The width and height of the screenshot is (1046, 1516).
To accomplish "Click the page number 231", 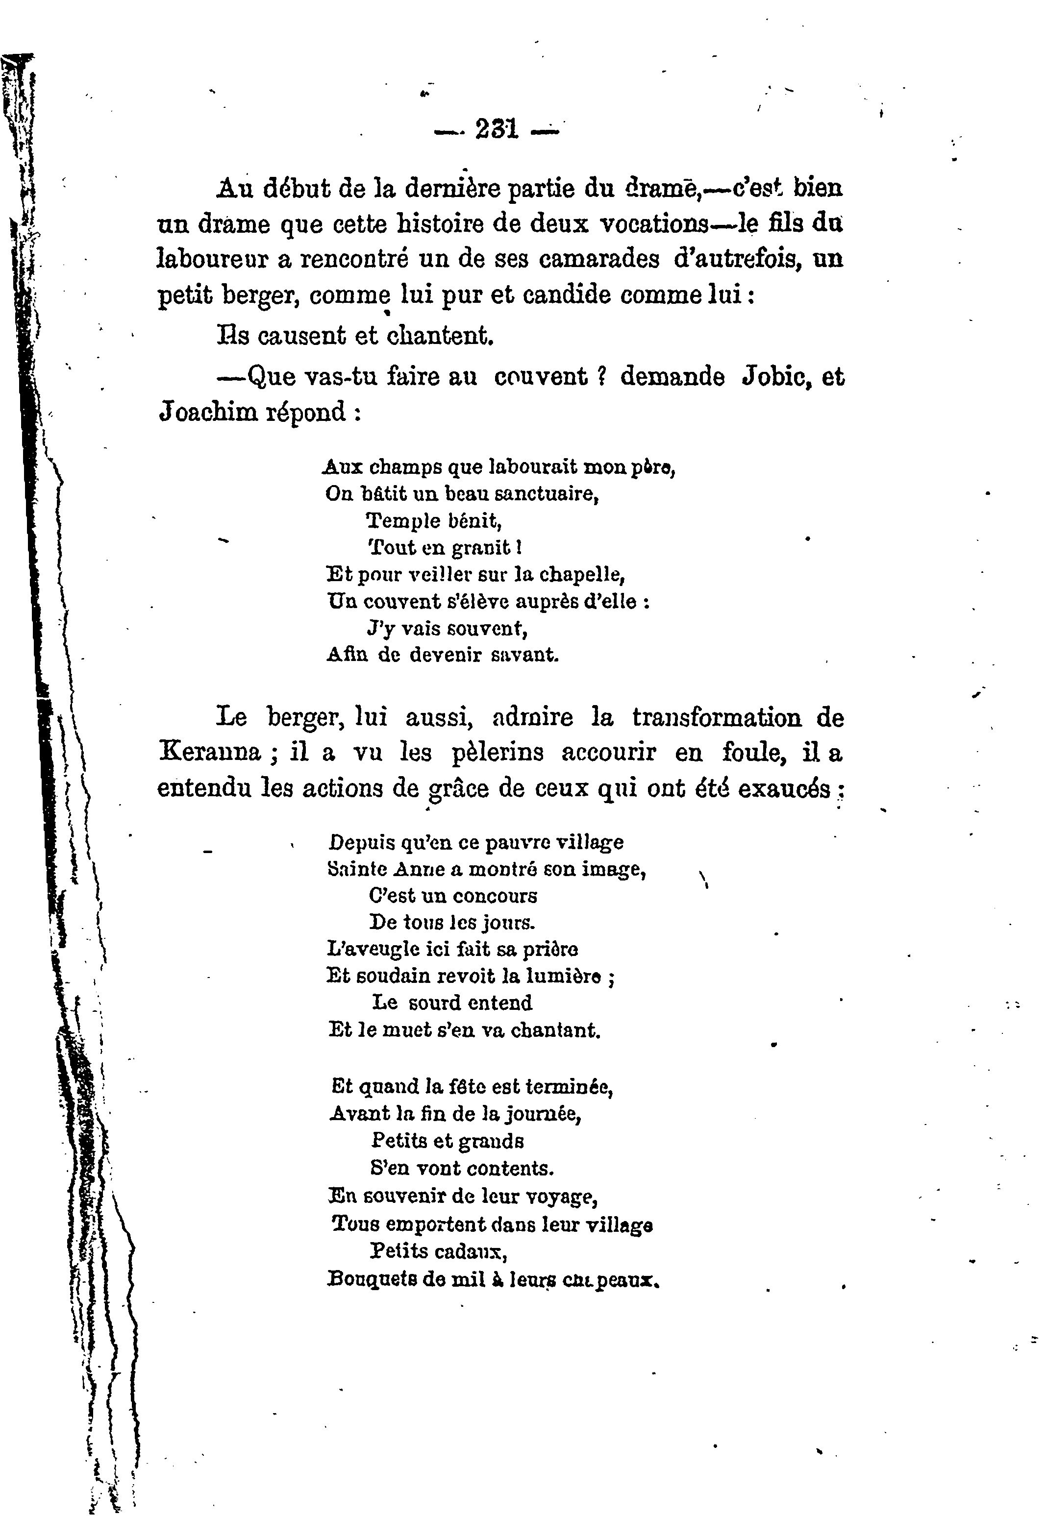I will pos(497,129).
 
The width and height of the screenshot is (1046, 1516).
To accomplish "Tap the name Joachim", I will pos(208,412).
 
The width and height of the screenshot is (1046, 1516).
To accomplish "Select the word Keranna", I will pos(210,752).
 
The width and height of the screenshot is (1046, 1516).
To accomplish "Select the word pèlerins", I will pos(498,752).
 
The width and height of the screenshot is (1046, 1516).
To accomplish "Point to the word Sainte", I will pos(358,869).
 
